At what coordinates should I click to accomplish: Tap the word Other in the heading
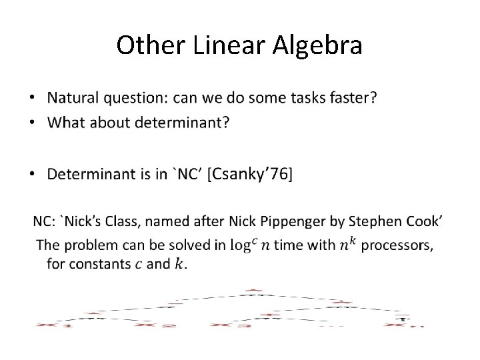(145, 45)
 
